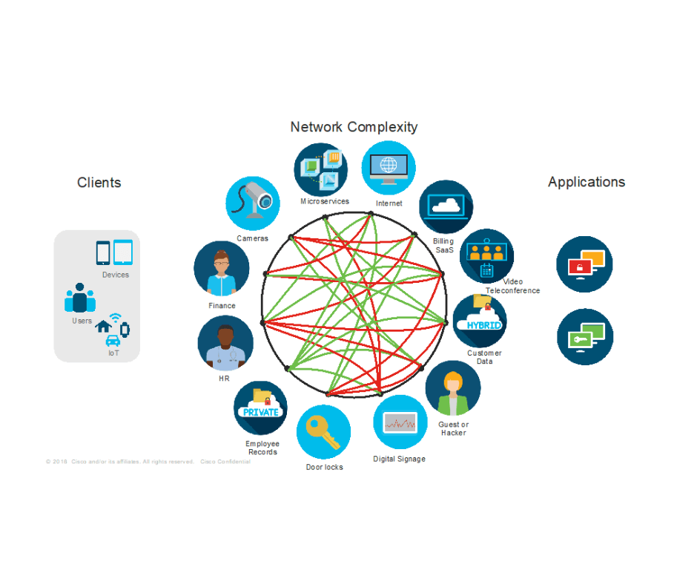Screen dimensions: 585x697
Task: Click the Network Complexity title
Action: [354, 127]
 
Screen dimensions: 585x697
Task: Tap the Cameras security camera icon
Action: [253, 202]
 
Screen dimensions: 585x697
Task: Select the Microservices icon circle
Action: [321, 170]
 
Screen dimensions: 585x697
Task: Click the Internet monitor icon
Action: [389, 168]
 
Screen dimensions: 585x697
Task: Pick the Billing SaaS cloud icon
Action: [446, 207]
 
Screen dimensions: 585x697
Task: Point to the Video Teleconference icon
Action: [486, 255]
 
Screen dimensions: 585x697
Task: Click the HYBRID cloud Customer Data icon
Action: [480, 321]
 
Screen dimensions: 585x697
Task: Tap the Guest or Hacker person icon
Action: [453, 389]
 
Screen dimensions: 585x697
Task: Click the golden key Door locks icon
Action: [323, 432]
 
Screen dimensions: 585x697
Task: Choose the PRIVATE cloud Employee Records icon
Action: [260, 408]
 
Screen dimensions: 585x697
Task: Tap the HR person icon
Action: [225, 344]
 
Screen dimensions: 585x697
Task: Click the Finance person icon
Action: [221, 269]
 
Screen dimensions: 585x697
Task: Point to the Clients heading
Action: [99, 183]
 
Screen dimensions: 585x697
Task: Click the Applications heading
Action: [587, 183]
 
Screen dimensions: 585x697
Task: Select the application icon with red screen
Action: [584, 264]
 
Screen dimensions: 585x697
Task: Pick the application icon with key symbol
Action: [585, 337]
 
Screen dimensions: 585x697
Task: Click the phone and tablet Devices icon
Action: [113, 252]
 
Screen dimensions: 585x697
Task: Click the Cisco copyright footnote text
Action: [148, 462]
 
